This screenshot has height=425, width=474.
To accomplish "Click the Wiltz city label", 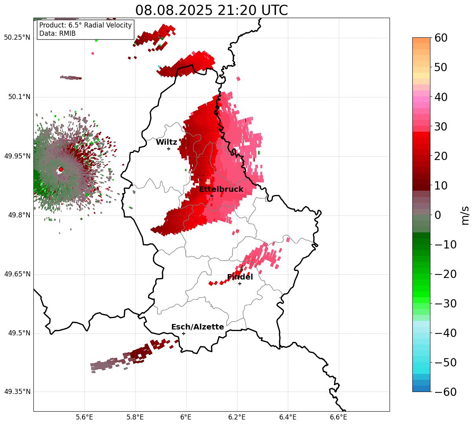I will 167,142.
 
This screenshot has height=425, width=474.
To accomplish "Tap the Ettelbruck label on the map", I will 221,190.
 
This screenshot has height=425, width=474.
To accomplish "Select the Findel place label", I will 240,277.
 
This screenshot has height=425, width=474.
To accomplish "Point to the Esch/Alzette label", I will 198,327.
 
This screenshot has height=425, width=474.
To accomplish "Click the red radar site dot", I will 61,169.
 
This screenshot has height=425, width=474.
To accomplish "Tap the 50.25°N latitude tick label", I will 17,38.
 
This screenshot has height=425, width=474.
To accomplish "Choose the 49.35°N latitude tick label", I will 17,392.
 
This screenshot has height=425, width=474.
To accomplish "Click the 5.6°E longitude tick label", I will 84,417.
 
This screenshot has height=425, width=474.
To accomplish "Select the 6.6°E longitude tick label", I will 339,417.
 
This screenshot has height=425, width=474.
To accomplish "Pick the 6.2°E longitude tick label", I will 237,417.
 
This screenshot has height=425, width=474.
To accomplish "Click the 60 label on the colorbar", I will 441,38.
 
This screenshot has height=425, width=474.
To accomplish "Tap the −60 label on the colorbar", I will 445,392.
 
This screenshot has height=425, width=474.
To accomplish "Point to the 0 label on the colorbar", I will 437,215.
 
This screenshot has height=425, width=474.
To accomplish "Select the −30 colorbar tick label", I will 445,304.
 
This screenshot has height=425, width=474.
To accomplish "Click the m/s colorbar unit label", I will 465,215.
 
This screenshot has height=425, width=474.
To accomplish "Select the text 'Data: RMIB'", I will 57,33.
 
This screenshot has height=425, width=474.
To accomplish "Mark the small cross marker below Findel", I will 240,283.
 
